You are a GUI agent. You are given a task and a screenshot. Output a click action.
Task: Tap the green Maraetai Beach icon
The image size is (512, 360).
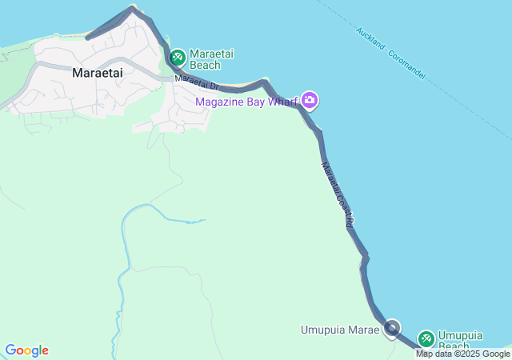[x=177, y=58]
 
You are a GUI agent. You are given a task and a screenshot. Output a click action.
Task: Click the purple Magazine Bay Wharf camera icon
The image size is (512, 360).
[x=310, y=101]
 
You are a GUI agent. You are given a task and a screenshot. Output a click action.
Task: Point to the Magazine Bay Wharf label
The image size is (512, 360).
[x=248, y=101]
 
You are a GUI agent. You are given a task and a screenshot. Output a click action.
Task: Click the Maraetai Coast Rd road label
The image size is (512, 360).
[x=338, y=196]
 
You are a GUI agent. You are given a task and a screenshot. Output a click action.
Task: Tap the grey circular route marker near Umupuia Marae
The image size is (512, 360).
[x=392, y=327]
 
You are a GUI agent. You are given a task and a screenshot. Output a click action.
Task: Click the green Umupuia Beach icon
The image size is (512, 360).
[x=426, y=339]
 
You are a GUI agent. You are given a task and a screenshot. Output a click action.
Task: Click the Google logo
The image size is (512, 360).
[x=27, y=350]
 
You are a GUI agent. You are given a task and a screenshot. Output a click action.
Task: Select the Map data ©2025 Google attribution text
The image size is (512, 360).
[x=462, y=354]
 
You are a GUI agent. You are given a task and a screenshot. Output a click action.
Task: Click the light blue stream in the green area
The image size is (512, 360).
[x=152, y=209]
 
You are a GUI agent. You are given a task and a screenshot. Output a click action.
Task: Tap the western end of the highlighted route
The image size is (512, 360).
[x=88, y=37]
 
